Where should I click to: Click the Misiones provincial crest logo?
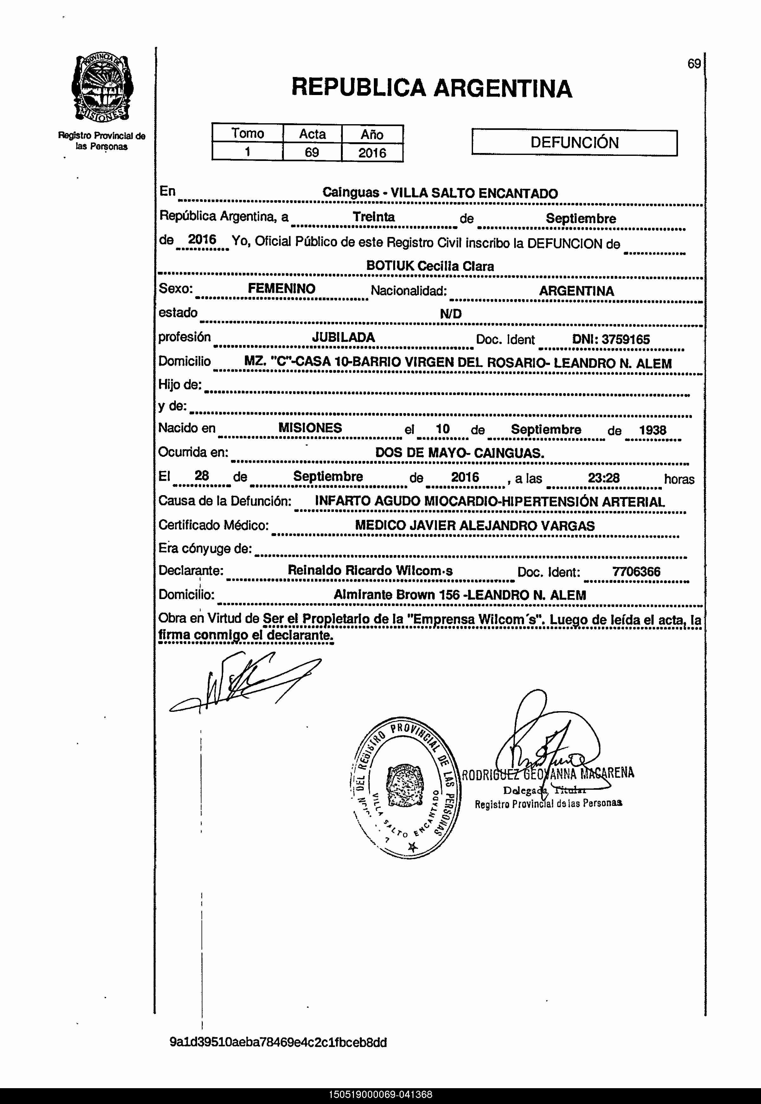(102, 88)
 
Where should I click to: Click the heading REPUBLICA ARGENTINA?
(432, 88)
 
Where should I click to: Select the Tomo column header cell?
(247, 133)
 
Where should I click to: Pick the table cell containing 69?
(312, 153)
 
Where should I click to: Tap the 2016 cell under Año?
(372, 153)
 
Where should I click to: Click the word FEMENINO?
(281, 288)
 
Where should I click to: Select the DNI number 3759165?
(625, 339)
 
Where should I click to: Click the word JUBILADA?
(343, 337)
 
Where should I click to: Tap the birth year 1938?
(652, 430)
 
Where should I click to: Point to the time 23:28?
(603, 478)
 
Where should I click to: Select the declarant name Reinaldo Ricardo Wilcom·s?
(370, 571)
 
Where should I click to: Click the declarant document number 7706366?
(636, 571)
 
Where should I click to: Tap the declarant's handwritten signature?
(243, 684)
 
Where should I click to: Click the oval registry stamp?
(405, 788)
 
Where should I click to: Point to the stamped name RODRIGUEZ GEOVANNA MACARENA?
(548, 773)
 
